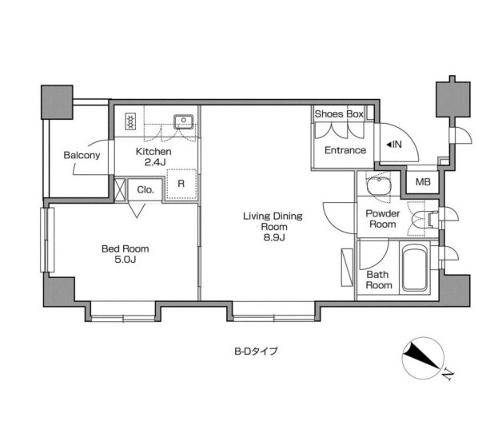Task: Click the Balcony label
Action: coord(82,155)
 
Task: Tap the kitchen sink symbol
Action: coord(184,121)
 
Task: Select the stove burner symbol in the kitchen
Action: coord(130,121)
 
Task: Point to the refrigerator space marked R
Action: coord(181,184)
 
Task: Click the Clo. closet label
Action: coord(145,189)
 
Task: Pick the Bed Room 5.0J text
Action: coord(125,254)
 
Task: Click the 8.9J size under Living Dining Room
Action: coord(274,237)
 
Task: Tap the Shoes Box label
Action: coord(339,114)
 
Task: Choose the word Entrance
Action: coord(345,150)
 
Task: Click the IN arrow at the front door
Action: coord(394,145)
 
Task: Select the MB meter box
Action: coord(423,181)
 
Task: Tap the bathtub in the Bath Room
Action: coord(414,268)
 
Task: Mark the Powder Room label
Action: coord(383,219)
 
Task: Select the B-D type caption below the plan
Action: coord(256,351)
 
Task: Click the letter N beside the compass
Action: coord(448,374)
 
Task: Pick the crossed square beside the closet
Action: coord(120,189)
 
